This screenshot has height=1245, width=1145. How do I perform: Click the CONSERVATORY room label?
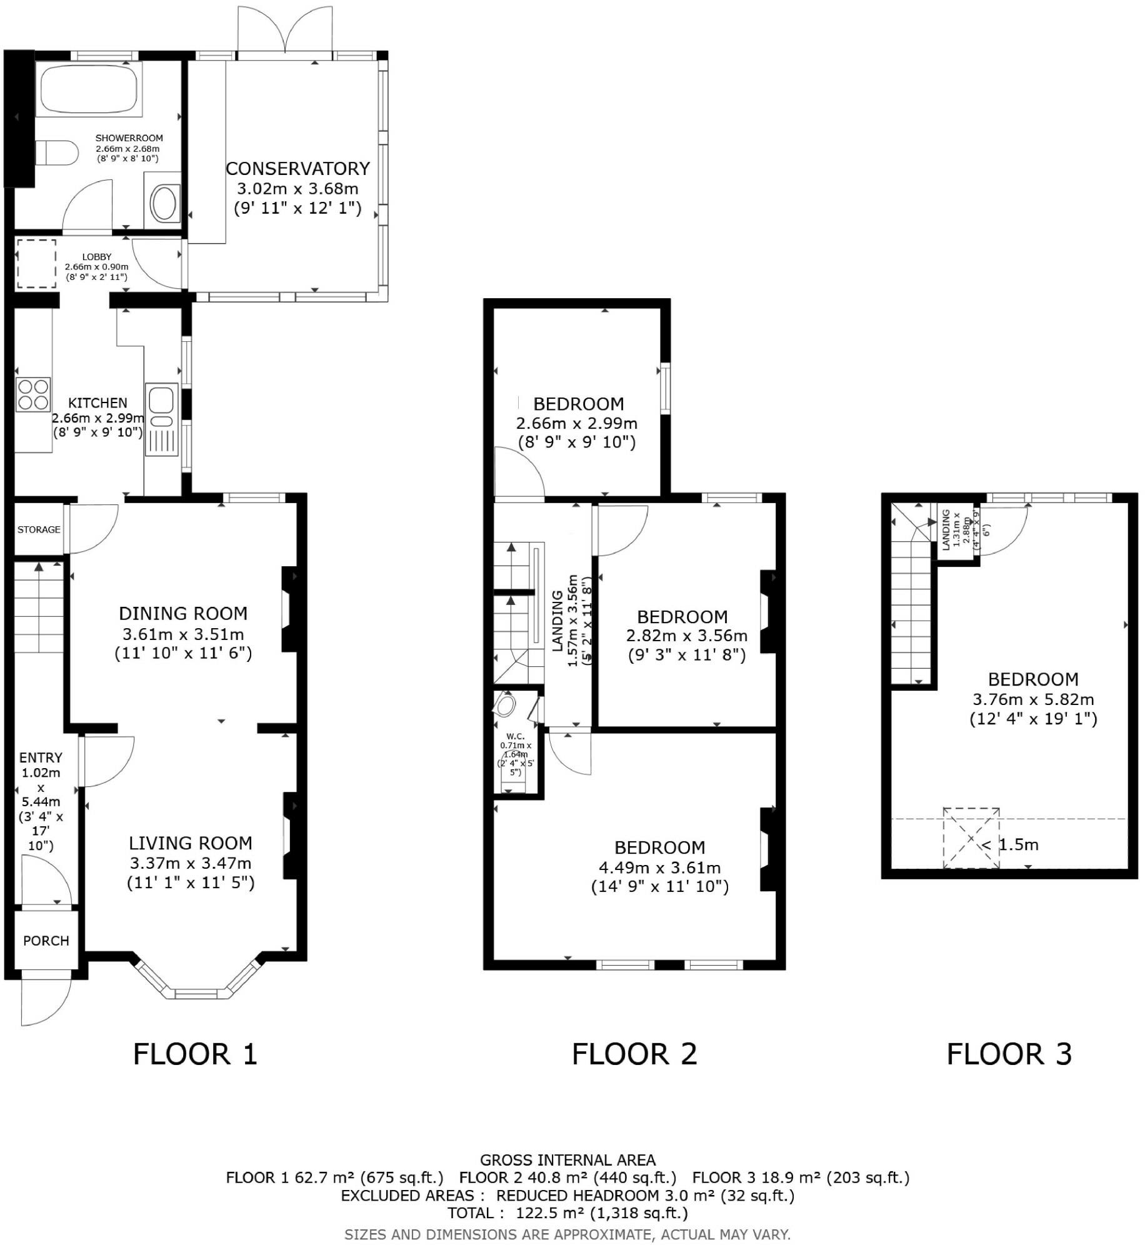pos(297,169)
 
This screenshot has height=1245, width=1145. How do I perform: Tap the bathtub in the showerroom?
pos(89,88)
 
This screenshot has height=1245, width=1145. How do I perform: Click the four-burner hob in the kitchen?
pos(33,394)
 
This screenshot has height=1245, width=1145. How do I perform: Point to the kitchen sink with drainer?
pos(162,419)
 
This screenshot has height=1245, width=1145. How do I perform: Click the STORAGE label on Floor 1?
pos(39,529)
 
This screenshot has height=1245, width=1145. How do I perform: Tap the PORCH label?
pos(46,941)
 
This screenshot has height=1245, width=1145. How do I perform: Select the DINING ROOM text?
pos(183,613)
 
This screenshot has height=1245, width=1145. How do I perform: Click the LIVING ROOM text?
pos(191,843)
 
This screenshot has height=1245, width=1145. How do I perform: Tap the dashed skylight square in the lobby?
pos(36,264)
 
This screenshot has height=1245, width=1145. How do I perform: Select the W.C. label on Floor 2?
pos(515,736)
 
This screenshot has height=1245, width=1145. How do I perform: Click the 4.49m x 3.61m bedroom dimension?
pos(659,867)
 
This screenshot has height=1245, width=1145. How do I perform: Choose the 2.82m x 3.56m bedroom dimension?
pos(687,636)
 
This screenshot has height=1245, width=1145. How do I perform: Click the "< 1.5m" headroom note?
pos(1010,845)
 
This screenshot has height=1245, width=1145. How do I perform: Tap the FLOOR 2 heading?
pos(634,1054)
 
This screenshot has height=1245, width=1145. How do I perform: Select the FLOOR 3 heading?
pos(1009,1054)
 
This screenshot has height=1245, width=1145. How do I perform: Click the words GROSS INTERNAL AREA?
pos(567,1161)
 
